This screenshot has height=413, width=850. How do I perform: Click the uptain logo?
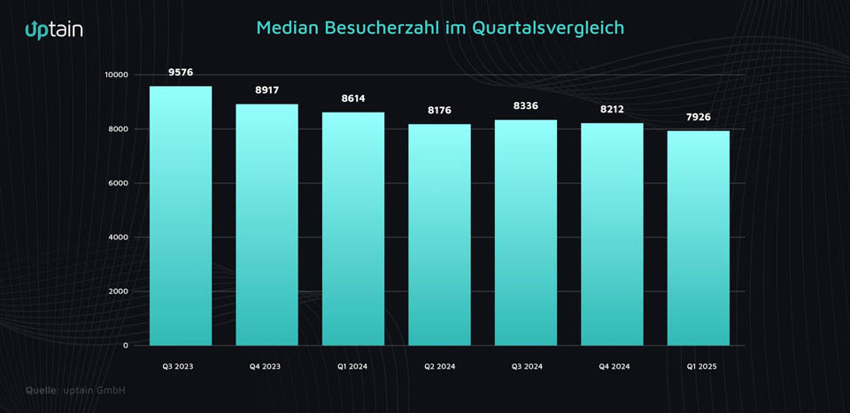click(54, 29)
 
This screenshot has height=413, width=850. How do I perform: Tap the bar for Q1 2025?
click(699, 238)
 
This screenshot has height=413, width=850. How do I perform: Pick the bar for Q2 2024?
click(439, 235)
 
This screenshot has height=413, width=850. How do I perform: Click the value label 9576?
click(181, 72)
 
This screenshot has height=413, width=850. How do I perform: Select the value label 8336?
click(526, 105)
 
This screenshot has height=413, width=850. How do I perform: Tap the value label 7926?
click(699, 117)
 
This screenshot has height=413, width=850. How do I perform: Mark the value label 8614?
click(353, 97)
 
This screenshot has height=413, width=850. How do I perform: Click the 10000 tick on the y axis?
click(115, 75)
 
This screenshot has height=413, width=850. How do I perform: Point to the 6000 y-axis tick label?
click(118, 183)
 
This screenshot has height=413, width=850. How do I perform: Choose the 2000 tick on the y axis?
click(118, 292)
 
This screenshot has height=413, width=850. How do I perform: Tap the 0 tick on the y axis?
click(125, 346)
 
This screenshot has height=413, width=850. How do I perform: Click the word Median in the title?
click(288, 27)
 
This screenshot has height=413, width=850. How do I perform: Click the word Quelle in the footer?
click(41, 390)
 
